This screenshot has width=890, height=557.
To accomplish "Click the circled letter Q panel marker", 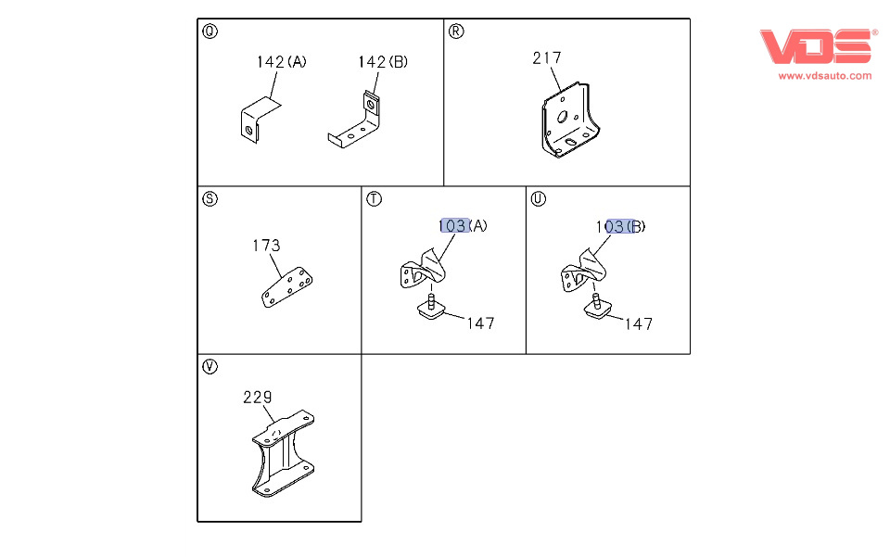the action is tap(210, 32).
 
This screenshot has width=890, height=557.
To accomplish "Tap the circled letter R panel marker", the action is tap(456, 32).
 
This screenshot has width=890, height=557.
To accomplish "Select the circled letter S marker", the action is tap(210, 199).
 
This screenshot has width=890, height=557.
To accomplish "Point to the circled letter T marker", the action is tap(374, 199).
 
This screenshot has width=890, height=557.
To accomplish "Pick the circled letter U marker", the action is tap(538, 199).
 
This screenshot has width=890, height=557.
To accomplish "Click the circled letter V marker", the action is tap(210, 366).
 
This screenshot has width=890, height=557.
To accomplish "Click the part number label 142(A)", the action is tap(282, 62).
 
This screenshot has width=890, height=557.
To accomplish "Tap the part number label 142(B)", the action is tap(383, 62).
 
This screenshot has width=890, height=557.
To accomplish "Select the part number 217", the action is tap(547, 57).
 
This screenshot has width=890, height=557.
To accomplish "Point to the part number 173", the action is tap(266, 246).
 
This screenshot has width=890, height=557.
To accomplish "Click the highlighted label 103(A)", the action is tap(464, 226).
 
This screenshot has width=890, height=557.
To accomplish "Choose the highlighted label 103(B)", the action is tap(620, 227).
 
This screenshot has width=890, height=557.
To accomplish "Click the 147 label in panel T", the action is tap(481, 323).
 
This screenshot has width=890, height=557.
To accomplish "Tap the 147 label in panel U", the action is tap(639, 323).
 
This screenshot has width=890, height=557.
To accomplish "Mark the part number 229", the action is tap(258, 397).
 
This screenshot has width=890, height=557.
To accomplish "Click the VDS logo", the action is tap(816, 46).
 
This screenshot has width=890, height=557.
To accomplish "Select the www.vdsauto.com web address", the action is tap(825, 76).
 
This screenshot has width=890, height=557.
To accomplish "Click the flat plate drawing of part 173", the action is tap(286, 287).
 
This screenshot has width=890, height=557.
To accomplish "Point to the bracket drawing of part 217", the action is tap(569, 120).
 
